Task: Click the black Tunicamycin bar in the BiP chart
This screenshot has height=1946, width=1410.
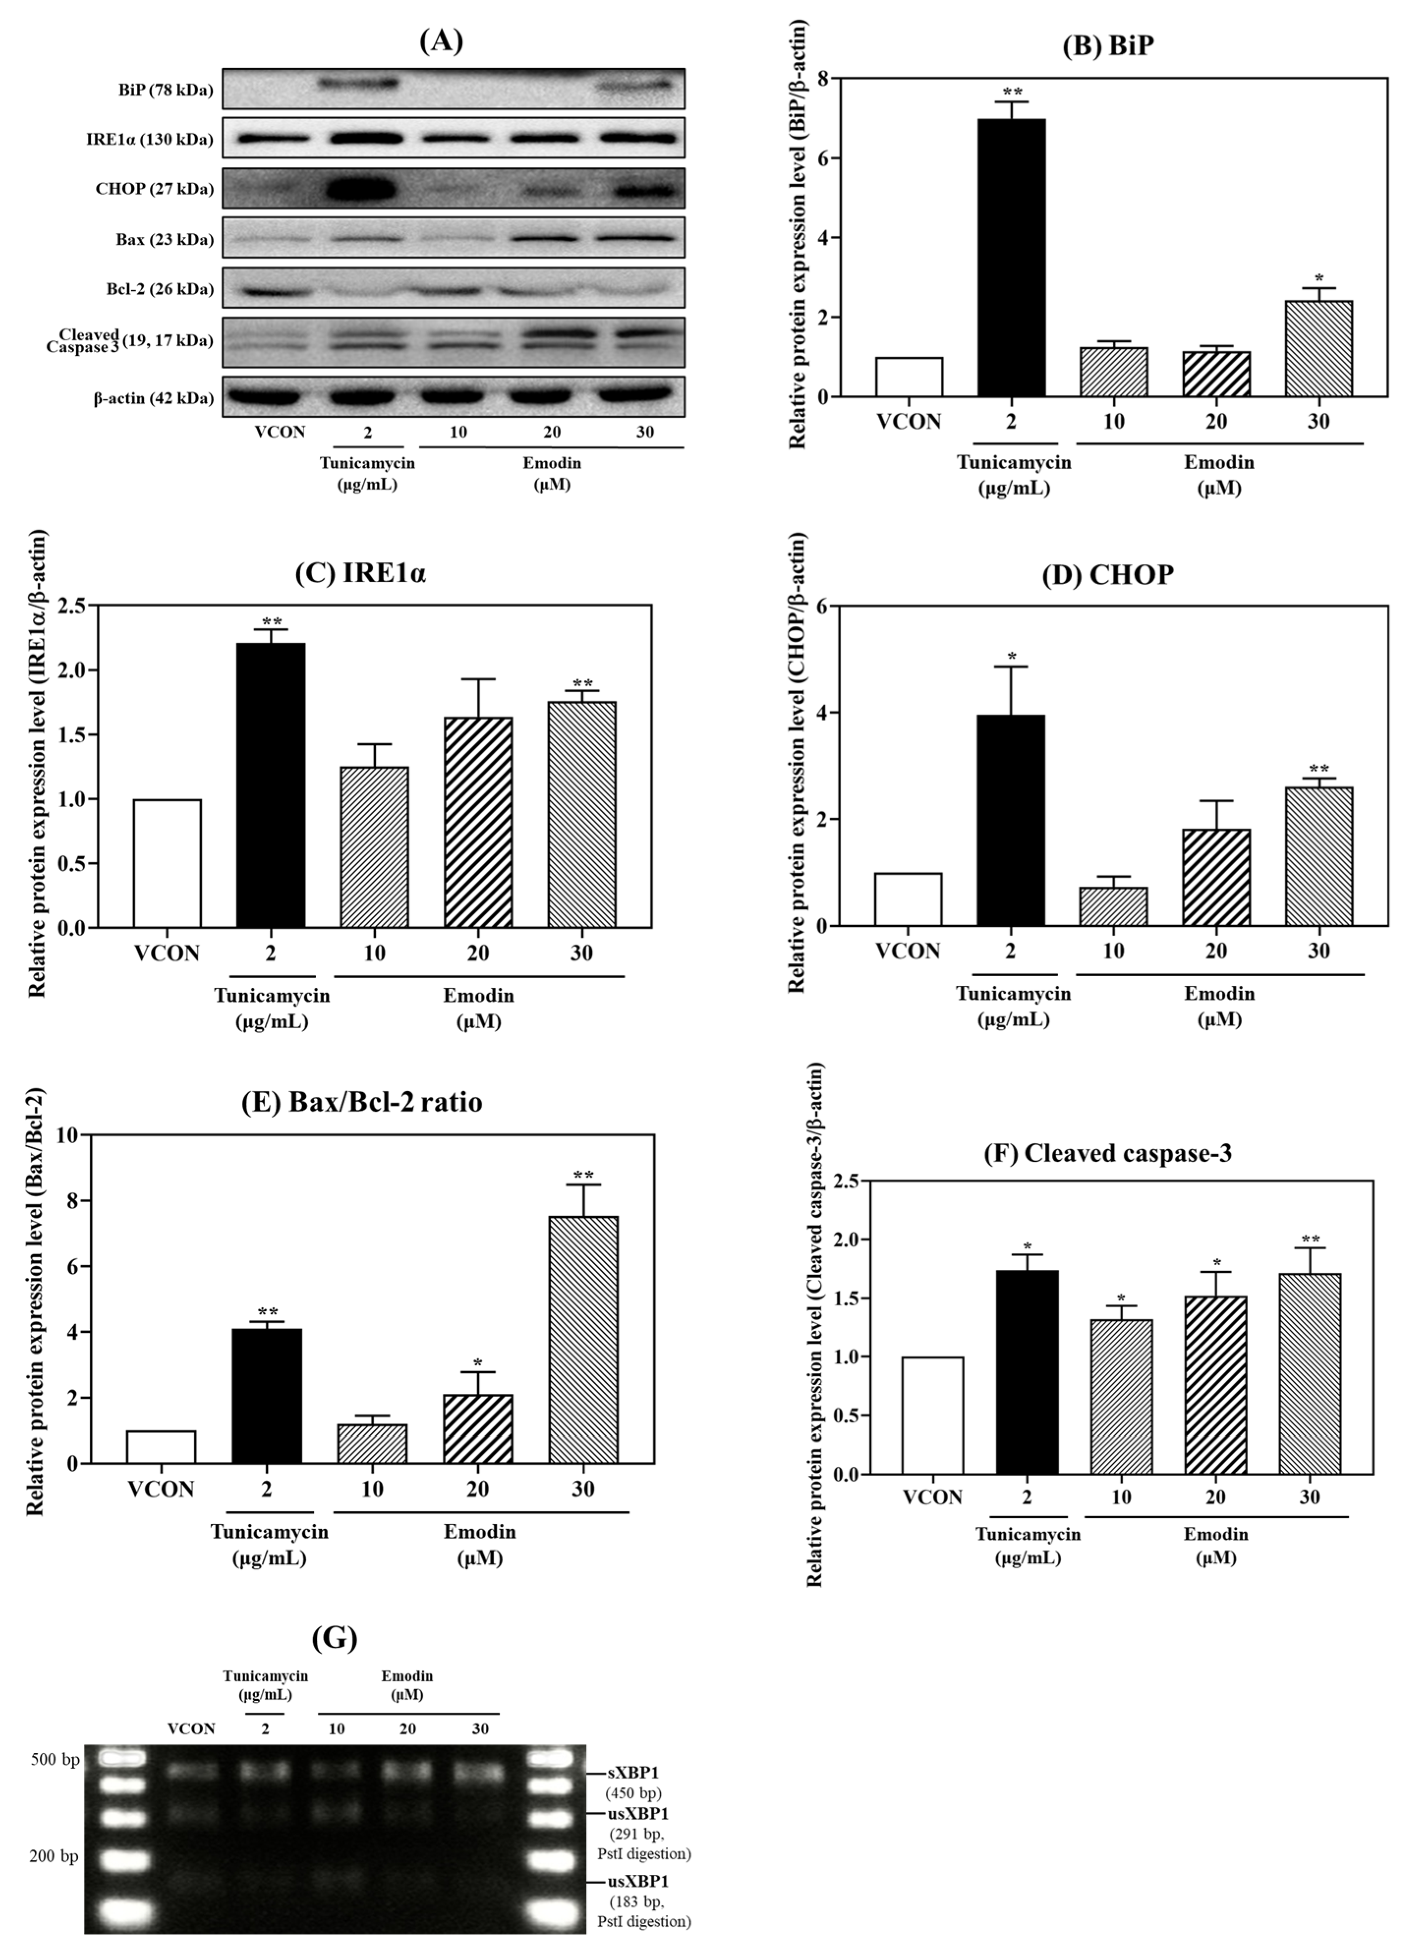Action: coord(1011,257)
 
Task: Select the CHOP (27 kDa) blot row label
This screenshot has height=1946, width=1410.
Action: coord(154,189)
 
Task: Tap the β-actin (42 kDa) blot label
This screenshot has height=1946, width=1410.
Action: coord(154,397)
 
